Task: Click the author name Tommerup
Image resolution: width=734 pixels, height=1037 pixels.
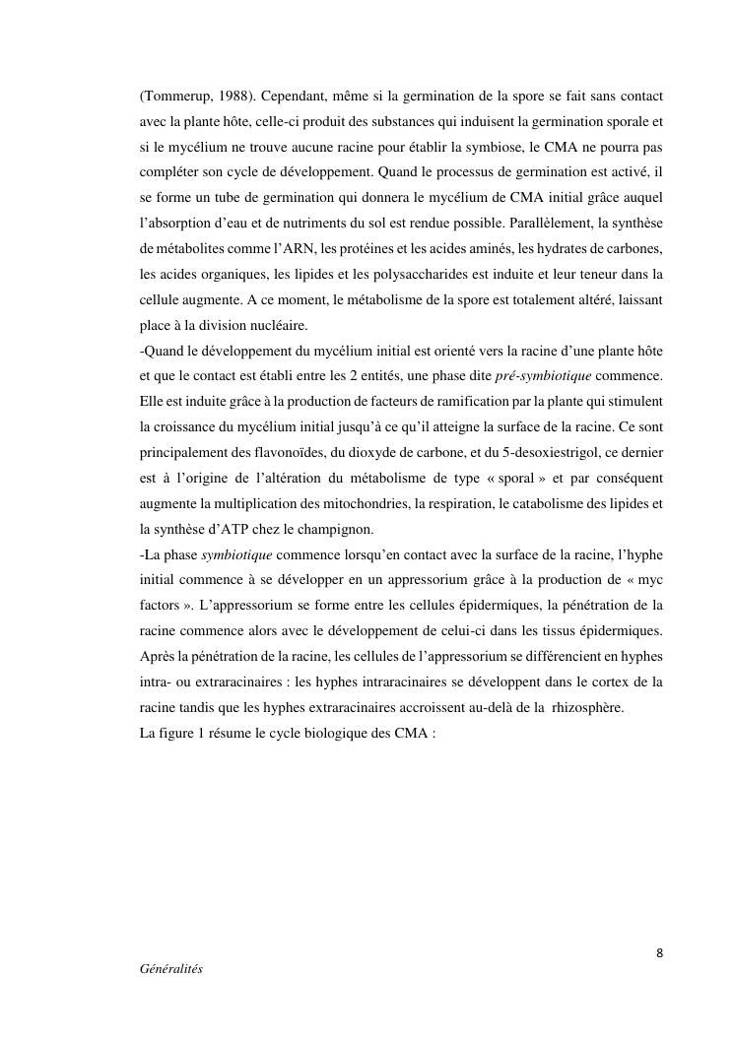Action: pos(177,97)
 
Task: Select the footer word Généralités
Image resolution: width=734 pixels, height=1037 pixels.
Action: pos(171,969)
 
